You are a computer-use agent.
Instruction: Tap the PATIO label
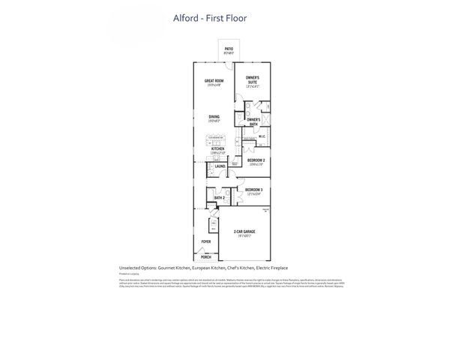229,49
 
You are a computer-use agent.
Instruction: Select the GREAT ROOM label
214,81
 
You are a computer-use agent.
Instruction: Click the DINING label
214,116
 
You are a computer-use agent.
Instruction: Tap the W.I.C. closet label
262,136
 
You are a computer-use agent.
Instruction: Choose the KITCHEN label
217,149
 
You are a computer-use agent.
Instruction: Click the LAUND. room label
220,166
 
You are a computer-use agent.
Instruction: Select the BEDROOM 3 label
252,190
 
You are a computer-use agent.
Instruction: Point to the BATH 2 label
220,198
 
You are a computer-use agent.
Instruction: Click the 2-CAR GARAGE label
244,232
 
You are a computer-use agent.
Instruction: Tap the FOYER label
205,241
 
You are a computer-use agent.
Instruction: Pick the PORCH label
206,256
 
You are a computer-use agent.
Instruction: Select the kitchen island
217,140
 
